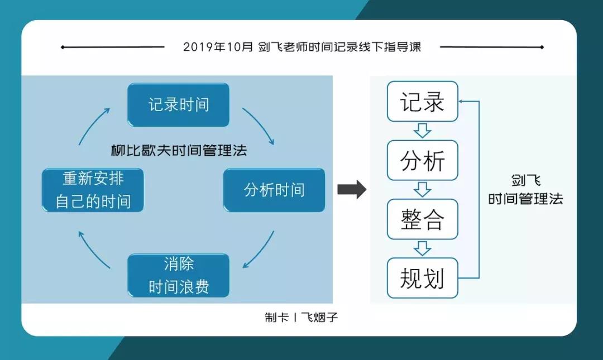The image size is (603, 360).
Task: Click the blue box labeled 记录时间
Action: click(x=179, y=104)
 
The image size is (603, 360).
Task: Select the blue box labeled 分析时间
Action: click(x=274, y=190)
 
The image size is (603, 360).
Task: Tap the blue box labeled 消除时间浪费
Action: click(x=179, y=275)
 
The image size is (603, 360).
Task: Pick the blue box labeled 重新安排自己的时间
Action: click(x=93, y=190)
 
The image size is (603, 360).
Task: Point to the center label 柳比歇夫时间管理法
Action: click(x=179, y=150)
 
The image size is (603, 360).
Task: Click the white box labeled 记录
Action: click(x=422, y=102)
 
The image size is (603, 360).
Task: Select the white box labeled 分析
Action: click(x=422, y=160)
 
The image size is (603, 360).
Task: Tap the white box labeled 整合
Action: click(x=422, y=219)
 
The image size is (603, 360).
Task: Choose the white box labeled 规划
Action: click(x=422, y=278)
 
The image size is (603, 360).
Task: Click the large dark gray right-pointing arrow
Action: click(x=352, y=189)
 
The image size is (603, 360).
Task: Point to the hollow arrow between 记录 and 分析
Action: click(x=422, y=131)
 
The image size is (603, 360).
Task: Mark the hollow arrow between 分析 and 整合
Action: click(x=422, y=190)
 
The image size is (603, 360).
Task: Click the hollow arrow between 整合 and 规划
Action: click(x=422, y=248)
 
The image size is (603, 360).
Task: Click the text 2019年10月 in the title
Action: click(x=218, y=47)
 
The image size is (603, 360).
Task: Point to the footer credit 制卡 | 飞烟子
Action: click(x=301, y=318)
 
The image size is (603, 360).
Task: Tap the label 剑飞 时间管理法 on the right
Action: click(x=525, y=190)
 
